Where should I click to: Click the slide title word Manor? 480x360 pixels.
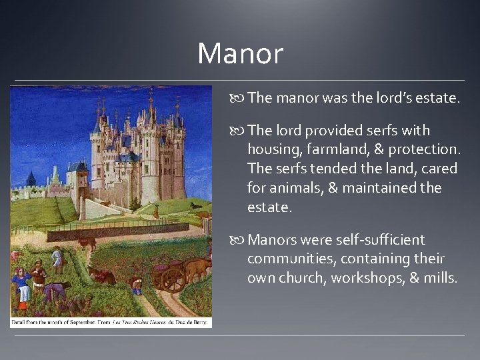click(240, 54)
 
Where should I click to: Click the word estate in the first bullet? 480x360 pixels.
click(434, 98)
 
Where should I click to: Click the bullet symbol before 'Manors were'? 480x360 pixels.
click(238, 240)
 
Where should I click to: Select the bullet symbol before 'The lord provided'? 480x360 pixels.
click(238, 131)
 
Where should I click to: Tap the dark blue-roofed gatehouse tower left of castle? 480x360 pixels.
click(81, 173)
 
